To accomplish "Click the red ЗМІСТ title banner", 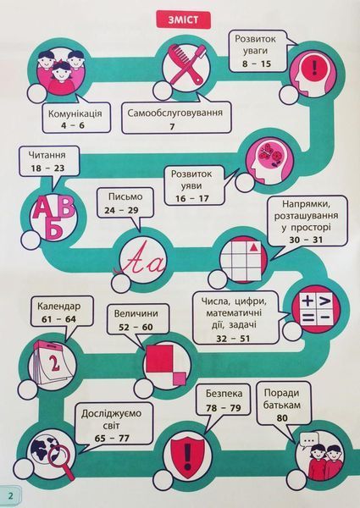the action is coord(184,20).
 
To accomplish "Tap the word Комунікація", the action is coord(75,113).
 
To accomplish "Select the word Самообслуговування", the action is coord(175,113).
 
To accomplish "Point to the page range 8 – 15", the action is coord(257,63).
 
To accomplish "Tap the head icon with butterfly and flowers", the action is coord(270,161).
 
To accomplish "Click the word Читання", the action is coord(47,155).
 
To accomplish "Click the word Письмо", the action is coord(125,196).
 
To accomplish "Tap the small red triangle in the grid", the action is coord(254,247).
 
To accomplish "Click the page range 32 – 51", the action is coord(233,339).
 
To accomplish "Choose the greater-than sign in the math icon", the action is coord(324,302).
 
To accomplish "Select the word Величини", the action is coord(136,313).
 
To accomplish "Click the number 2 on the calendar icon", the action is coord(54,364).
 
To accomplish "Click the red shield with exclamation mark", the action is coord(186,455).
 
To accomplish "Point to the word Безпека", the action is coord(224,394).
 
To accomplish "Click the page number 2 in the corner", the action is coord(11,495).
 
